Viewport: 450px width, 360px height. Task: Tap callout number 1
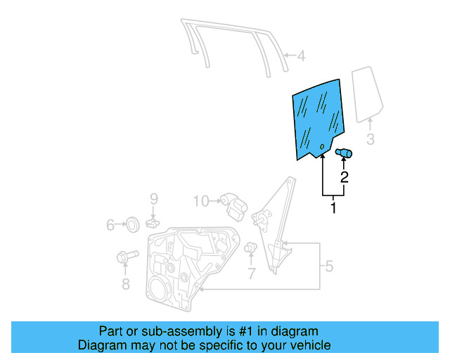333,208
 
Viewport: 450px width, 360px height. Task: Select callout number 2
345,177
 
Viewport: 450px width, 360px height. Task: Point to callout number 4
300,56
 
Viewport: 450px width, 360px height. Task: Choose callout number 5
328,266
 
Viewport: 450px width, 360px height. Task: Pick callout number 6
110,225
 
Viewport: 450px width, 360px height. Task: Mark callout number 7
252,274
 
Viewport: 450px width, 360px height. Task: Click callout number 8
126,284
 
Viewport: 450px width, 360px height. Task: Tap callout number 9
153,199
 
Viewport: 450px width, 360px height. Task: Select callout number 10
201,202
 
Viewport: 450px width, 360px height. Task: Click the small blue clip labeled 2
345,153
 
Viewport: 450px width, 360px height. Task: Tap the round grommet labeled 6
130,225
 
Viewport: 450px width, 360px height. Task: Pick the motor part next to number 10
233,205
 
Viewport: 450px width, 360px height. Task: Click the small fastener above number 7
250,248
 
